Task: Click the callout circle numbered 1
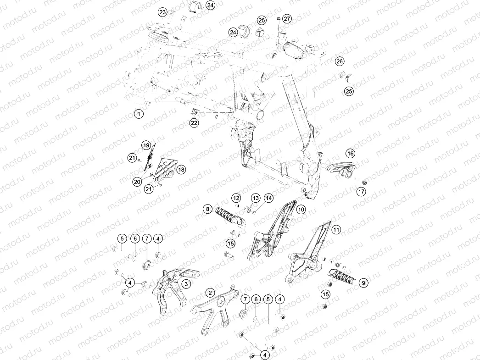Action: (139, 114)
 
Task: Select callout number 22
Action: (194, 123)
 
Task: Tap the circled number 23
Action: (162, 12)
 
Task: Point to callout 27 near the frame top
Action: (287, 19)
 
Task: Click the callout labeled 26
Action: (340, 61)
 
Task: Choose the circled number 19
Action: (146, 145)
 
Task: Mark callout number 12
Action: (236, 198)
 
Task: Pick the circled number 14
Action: (268, 198)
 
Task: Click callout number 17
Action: (361, 192)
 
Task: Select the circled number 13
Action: (256, 198)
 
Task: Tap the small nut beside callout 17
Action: (364, 183)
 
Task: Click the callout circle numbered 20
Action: (137, 182)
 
